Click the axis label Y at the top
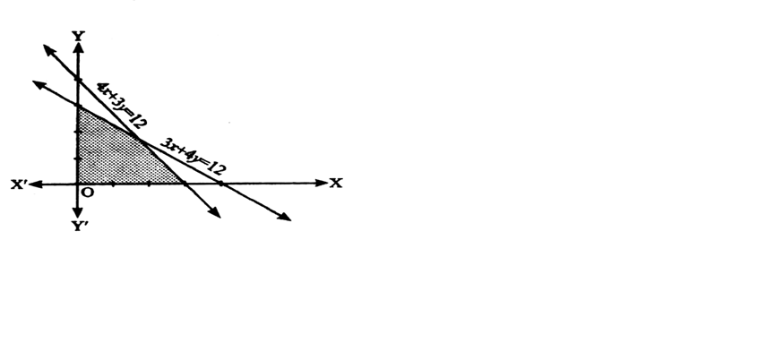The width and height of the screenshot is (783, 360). click(x=79, y=36)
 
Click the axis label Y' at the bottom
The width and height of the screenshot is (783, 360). click(x=80, y=227)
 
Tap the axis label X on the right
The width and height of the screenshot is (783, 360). click(x=336, y=184)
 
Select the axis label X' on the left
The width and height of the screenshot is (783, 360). click(x=19, y=184)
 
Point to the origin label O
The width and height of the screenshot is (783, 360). click(x=87, y=193)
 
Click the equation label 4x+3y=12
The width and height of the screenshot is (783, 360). click(x=122, y=105)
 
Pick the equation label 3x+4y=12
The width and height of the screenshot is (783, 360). click(x=193, y=156)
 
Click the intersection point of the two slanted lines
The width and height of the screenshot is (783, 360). click(x=139, y=139)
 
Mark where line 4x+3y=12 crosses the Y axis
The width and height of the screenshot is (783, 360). click(x=78, y=79)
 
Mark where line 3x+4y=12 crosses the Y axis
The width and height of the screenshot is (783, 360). click(x=78, y=106)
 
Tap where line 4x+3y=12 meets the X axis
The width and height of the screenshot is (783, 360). click(x=184, y=184)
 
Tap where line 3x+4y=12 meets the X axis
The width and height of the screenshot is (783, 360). click(x=222, y=184)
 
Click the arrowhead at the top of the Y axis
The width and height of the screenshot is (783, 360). click(x=78, y=47)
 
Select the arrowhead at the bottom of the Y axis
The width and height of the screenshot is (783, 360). click(x=78, y=211)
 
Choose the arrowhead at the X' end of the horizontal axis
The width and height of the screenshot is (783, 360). click(x=35, y=184)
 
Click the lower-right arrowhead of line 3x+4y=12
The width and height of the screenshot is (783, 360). click(x=285, y=217)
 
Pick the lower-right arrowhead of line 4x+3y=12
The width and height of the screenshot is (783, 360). click(x=215, y=212)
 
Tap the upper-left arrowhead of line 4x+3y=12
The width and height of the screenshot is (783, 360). click(x=49, y=49)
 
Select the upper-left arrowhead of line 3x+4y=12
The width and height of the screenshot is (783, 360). click(x=39, y=84)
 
